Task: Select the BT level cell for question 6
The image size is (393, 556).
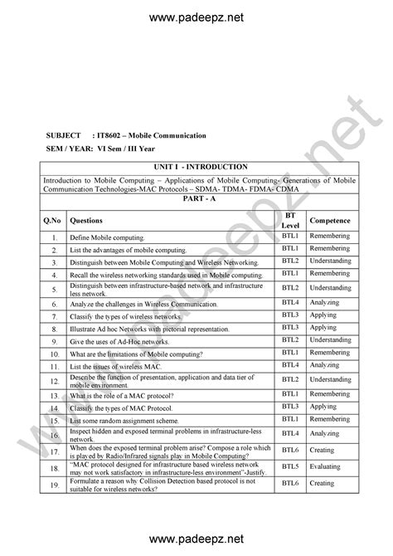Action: point(289,304)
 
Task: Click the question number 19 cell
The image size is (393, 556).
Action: point(51,484)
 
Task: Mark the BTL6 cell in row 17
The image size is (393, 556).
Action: point(289,449)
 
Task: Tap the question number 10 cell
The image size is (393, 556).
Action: point(51,354)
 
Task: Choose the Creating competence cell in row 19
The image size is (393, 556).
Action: point(322,484)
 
